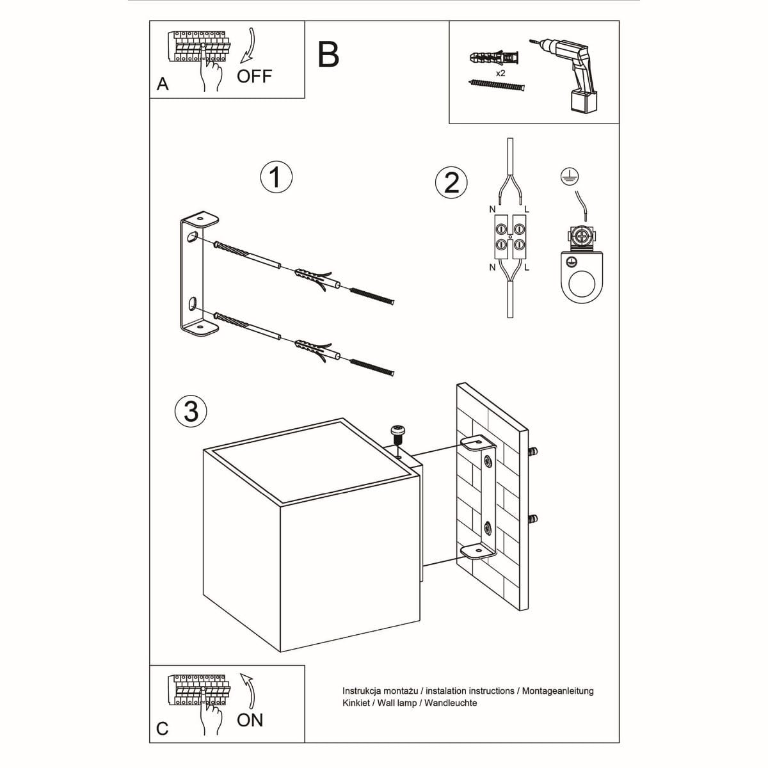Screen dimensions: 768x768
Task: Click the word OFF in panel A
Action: pyautogui.click(x=254, y=76)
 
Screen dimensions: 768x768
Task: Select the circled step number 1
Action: pyautogui.click(x=276, y=177)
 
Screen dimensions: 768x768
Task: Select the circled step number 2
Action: pyautogui.click(x=451, y=182)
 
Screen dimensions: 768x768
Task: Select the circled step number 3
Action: pyautogui.click(x=191, y=411)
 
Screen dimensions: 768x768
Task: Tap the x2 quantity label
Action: pyautogui.click(x=500, y=74)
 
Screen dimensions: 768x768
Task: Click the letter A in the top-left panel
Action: pyautogui.click(x=163, y=84)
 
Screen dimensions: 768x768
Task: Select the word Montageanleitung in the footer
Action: pyautogui.click(x=558, y=691)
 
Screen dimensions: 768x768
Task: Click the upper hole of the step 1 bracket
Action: pyautogui.click(x=191, y=239)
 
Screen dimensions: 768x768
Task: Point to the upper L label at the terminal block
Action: pyautogui.click(x=527, y=209)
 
